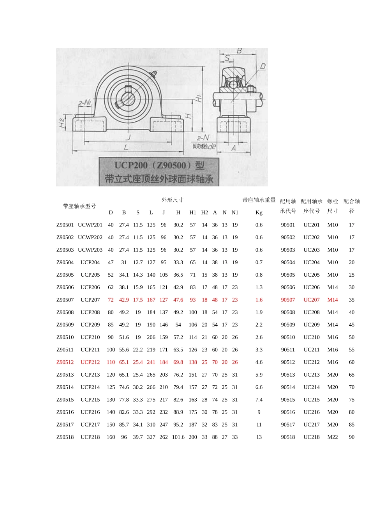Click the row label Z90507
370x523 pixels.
coord(65,300)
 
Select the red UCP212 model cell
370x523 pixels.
coord(90,362)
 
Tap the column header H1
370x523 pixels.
coord(193,212)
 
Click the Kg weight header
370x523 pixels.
coord(259,212)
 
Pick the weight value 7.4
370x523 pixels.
coord(259,400)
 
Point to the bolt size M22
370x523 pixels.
coord(333,437)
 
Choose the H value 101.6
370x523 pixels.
coord(178,437)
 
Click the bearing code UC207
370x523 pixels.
coord(312,300)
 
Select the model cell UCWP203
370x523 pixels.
coord(90,250)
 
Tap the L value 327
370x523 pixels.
coord(151,437)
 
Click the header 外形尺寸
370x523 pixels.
coord(173,200)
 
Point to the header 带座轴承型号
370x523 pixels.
coord(79,206)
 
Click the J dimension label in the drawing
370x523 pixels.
coord(128,137)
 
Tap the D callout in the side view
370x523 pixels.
coord(263,67)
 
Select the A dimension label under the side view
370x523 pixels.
coord(234,148)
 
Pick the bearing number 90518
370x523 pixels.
coord(288,437)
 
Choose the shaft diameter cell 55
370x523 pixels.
coord(352,350)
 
